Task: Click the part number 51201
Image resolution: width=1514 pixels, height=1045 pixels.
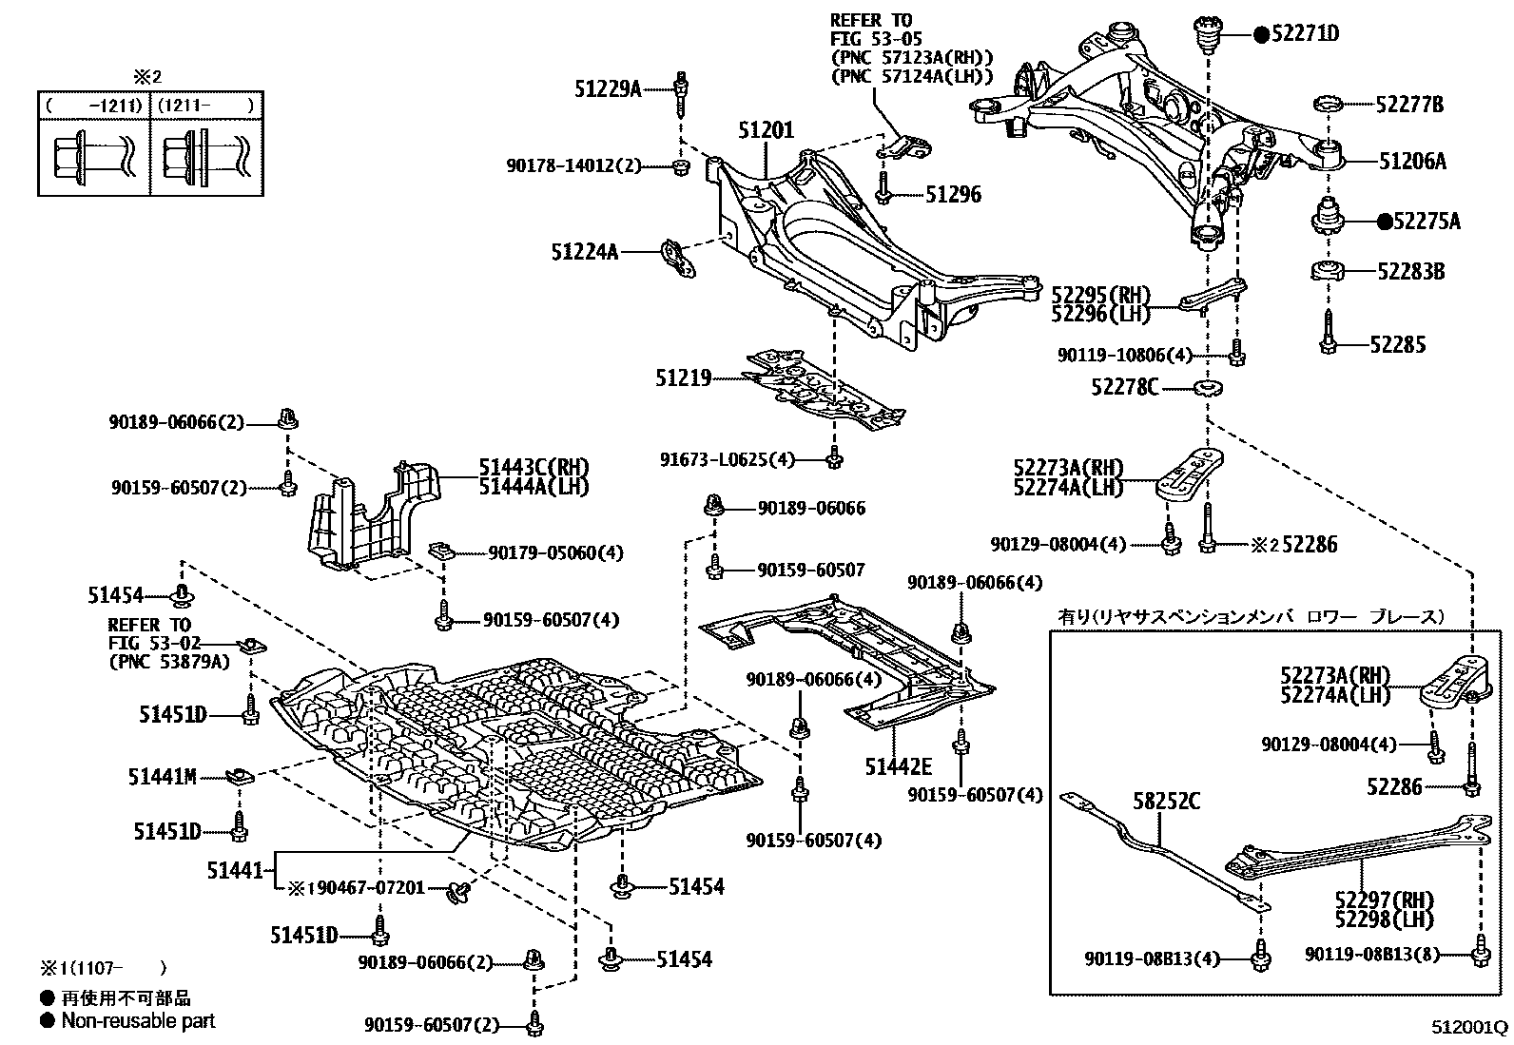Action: pyautogui.click(x=766, y=130)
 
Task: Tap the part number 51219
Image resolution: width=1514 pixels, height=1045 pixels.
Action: pyautogui.click(x=683, y=378)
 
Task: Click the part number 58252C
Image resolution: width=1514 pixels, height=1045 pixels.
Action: pyautogui.click(x=1165, y=802)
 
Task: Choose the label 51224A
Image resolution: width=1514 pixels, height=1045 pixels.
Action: pyautogui.click(x=584, y=252)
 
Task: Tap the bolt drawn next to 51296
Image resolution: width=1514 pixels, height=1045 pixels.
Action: pyautogui.click(x=883, y=188)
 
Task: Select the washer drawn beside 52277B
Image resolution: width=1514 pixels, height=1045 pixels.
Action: pyautogui.click(x=1327, y=105)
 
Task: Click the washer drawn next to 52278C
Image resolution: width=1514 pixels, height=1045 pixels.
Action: pyautogui.click(x=1208, y=387)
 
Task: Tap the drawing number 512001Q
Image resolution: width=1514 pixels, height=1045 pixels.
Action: pyautogui.click(x=1470, y=1028)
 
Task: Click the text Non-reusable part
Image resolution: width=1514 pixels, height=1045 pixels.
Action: pyautogui.click(x=138, y=1021)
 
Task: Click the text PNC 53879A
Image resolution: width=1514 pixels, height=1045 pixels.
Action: pyautogui.click(x=169, y=661)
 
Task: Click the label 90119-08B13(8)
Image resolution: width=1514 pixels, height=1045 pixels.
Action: pyautogui.click(x=1371, y=954)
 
